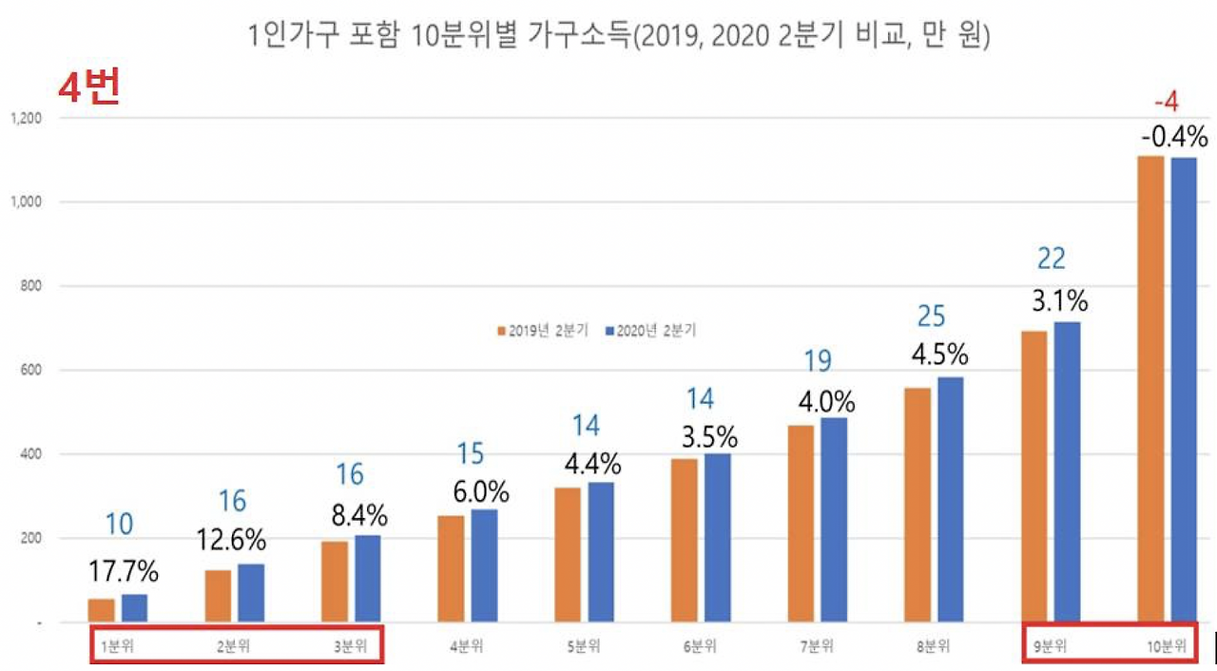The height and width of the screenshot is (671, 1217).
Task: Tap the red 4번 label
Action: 87,88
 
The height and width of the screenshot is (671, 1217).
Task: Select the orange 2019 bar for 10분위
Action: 1150,389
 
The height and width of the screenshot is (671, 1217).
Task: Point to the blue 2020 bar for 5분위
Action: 601,551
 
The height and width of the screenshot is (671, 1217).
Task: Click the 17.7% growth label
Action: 124,573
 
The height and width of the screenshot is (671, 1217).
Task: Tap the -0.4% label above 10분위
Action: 1174,137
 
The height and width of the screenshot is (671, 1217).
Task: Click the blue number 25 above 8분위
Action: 932,316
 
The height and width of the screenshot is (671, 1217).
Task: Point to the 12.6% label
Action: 232,540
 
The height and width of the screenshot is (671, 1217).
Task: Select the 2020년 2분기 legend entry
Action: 650,331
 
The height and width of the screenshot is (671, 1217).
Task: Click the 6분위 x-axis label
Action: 700,647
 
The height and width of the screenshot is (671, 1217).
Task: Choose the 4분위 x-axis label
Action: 466,647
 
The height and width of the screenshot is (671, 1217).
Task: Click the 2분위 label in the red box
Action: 232,647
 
